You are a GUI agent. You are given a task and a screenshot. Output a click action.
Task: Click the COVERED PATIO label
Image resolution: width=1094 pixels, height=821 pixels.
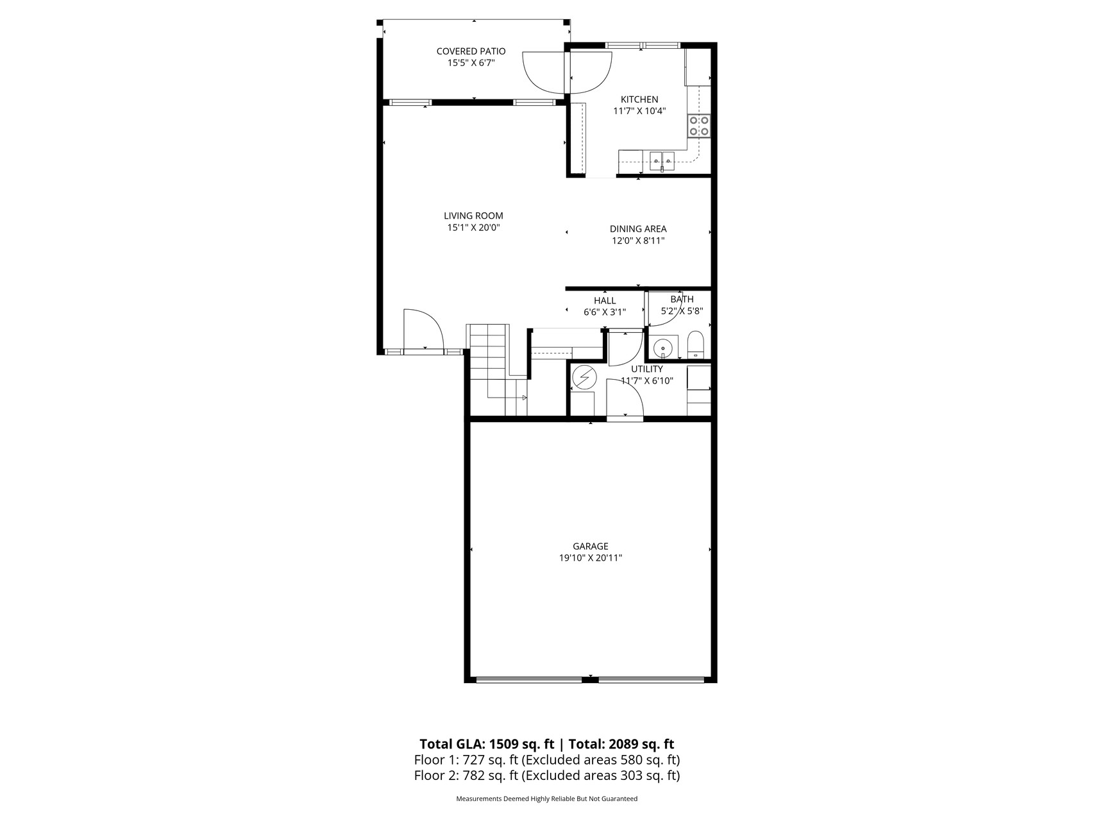point(471,51)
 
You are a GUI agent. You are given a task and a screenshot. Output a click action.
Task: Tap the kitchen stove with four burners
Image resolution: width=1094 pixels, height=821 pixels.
point(698,126)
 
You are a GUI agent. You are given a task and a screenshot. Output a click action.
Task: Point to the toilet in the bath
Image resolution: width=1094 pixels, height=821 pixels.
point(695,345)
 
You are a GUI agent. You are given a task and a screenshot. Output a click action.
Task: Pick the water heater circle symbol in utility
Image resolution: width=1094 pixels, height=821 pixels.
point(584,378)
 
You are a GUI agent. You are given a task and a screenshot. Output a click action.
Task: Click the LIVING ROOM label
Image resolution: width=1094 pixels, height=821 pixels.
point(473,216)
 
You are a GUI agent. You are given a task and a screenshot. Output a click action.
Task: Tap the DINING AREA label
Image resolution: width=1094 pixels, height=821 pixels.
point(637,229)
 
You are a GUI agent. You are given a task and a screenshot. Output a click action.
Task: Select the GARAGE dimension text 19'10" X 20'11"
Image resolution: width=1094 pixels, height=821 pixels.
point(590,558)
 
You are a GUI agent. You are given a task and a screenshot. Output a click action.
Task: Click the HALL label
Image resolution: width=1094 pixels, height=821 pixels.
point(604,301)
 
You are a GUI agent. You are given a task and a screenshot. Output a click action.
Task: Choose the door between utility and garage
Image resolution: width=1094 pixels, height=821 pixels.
point(625,400)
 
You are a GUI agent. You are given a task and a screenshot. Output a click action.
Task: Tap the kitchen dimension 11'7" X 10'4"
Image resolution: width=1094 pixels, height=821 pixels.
point(639,111)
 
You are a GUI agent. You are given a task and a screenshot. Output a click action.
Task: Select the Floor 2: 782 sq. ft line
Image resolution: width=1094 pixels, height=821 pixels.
point(546,775)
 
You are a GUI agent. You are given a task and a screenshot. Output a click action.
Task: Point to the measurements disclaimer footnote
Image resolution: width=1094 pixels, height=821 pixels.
point(546,799)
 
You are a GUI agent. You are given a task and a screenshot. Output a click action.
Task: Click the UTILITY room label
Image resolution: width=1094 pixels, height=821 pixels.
point(646,369)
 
